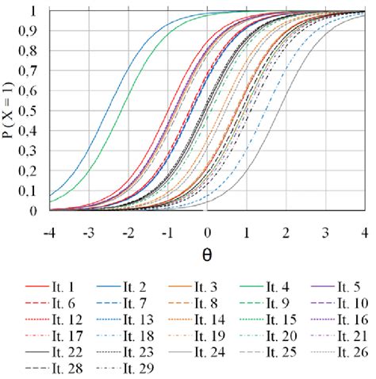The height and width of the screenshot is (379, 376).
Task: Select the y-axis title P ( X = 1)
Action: click(x=11, y=111)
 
